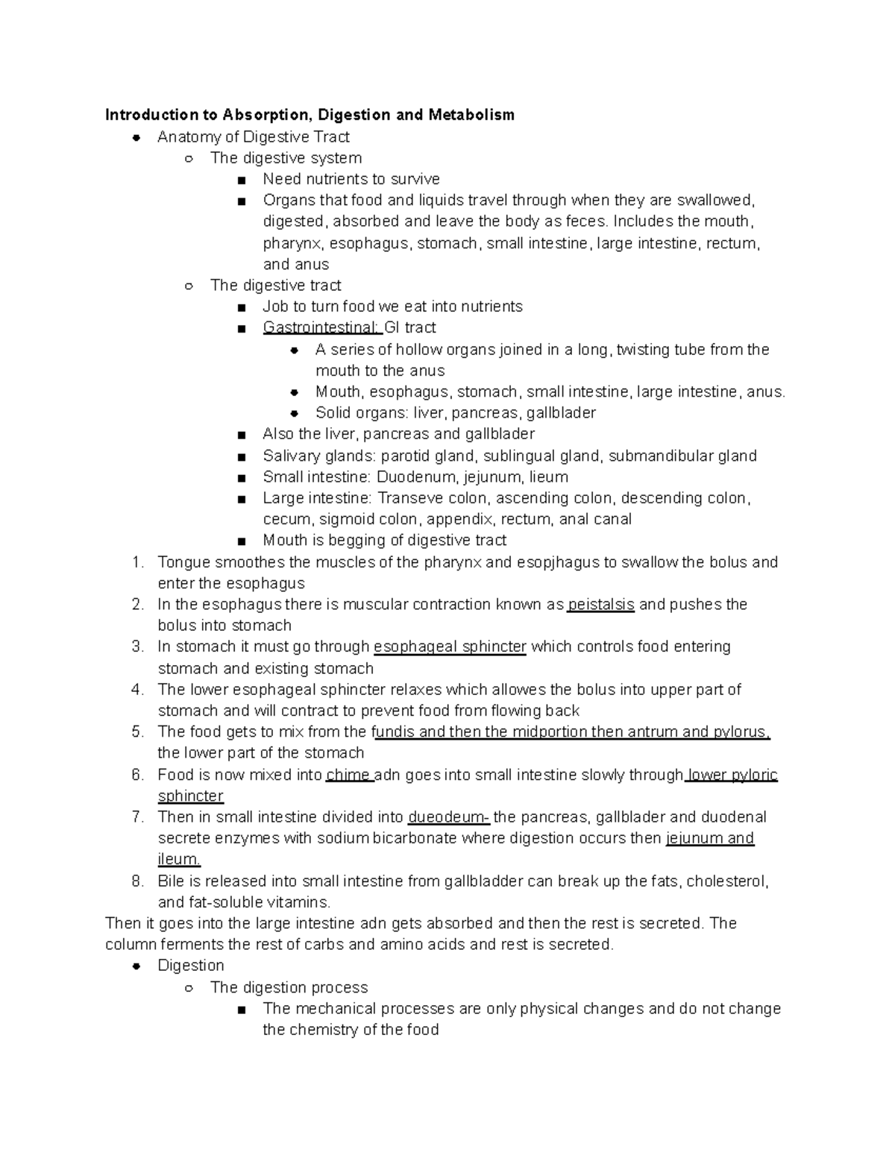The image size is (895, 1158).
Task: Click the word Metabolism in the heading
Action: (x=471, y=115)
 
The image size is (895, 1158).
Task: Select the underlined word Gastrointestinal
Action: (x=321, y=327)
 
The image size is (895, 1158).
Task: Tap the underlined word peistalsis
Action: (x=600, y=604)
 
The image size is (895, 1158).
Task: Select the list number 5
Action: (x=137, y=732)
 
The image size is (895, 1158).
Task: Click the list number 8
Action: (x=137, y=881)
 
